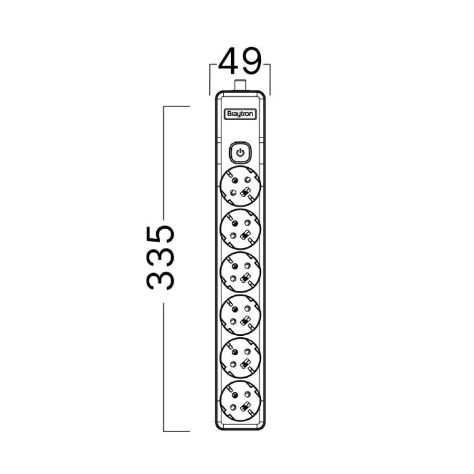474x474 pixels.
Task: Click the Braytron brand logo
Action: (240, 114)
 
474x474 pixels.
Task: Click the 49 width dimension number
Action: (240, 61)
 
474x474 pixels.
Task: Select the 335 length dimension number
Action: (161, 257)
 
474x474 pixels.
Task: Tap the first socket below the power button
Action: (240, 186)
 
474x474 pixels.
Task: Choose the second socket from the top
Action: (240, 229)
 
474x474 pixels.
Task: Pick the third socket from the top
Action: (240, 272)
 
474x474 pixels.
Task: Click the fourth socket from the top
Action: (240, 314)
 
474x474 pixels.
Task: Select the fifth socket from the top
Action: (240, 358)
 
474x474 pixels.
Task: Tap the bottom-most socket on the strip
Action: (240, 400)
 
